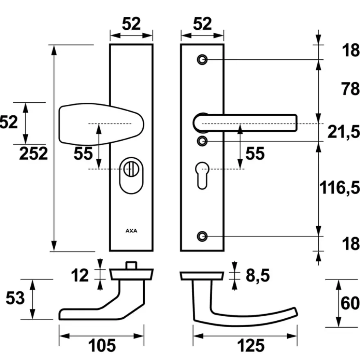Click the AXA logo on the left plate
tap(131, 231)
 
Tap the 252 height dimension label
tap(34, 153)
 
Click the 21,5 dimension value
tap(344, 132)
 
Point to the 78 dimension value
tap(350, 89)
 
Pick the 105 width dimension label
tap(102, 345)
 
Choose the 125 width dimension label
tap(251, 345)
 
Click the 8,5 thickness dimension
tap(258, 275)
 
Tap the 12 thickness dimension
tap(80, 275)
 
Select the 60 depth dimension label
tap(350, 303)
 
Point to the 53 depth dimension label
tap(15, 298)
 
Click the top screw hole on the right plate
tap(202, 60)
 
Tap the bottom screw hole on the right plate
tap(202, 236)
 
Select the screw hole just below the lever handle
tap(202, 141)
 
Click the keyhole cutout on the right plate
tap(202, 175)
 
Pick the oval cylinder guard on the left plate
tap(131, 175)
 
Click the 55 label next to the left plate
tap(83, 153)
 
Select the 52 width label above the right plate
tap(202, 24)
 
